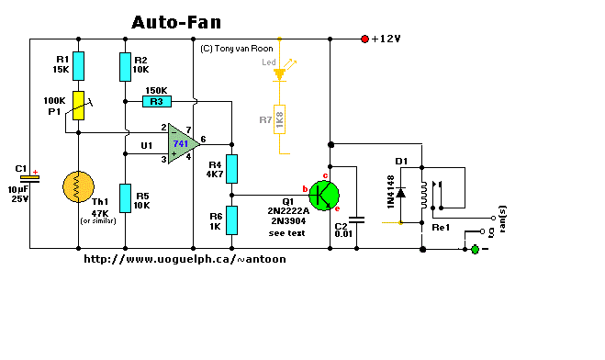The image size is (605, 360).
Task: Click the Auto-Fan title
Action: [176, 22]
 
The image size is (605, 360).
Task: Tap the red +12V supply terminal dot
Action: [364, 39]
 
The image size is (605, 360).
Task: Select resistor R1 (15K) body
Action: [78, 66]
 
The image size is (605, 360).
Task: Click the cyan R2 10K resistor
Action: [125, 67]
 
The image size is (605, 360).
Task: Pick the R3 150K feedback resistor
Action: [157, 101]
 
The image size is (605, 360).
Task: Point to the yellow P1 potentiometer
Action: [78, 106]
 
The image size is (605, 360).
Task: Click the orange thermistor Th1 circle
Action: [78, 186]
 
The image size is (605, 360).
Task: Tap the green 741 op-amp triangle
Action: [184, 144]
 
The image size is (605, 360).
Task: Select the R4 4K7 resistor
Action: [231, 169]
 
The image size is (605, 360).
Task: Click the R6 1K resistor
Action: [231, 220]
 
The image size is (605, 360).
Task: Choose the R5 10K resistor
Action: [125, 198]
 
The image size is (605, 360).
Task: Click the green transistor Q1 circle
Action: [324, 196]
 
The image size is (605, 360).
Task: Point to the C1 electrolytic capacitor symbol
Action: [29, 179]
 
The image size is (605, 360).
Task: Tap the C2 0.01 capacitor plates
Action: [356, 219]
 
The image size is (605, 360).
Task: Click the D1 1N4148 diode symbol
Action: [401, 193]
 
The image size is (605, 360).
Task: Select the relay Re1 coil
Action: [424, 195]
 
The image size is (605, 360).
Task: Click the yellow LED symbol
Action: [279, 74]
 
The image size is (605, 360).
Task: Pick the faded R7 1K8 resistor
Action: [279, 119]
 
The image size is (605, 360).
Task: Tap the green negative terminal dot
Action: [475, 249]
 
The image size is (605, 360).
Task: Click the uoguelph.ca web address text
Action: [185, 259]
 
